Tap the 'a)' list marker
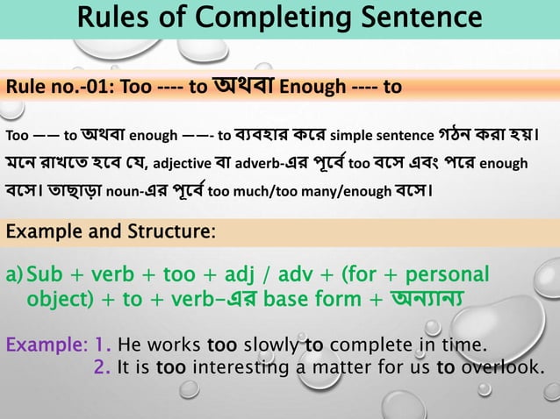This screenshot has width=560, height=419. click(15, 278)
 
